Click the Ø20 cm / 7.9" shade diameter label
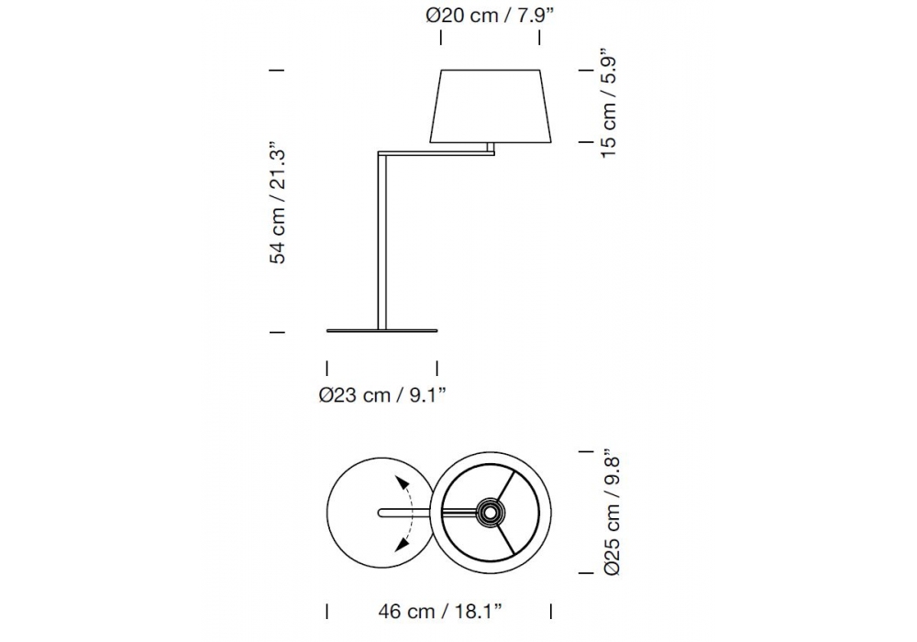(x=490, y=16)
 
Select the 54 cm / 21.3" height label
(x=278, y=203)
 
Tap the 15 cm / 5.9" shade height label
(x=608, y=106)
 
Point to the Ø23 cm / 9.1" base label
(x=382, y=395)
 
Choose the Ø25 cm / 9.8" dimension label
(x=611, y=512)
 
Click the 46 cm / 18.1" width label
(x=440, y=612)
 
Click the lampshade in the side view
(x=492, y=105)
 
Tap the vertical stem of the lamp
(x=382, y=241)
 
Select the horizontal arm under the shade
(x=436, y=154)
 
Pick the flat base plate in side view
(x=381, y=331)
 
